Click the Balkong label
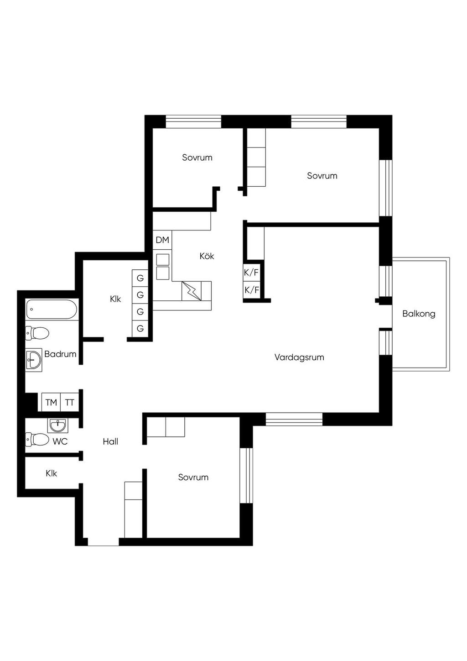point(419,314)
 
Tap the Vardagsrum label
point(299,357)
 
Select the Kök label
point(207,256)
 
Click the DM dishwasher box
point(162,240)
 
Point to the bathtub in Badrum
point(52,310)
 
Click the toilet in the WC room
point(37,440)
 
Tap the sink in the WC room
point(57,426)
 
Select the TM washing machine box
point(51,402)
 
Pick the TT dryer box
point(70,402)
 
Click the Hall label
point(110,441)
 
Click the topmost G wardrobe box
point(140,278)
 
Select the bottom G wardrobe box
point(140,328)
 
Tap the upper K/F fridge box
point(251,273)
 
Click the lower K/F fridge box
point(251,290)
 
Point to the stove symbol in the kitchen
point(192,291)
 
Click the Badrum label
point(61,354)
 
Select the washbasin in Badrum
point(34,360)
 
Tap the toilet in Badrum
point(37,333)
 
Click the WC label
point(60,441)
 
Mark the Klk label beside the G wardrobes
point(115,299)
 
